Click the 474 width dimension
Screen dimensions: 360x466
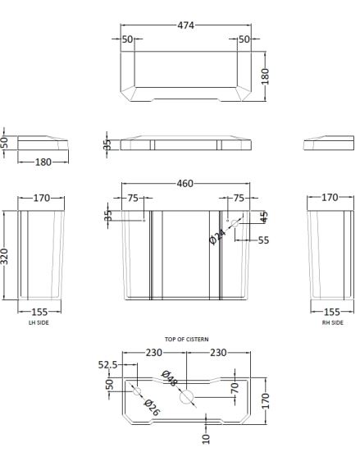185,25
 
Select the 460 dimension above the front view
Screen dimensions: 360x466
185,184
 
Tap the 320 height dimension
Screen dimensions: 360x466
5,256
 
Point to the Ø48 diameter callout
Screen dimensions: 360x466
169,378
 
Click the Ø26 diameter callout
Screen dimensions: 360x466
152,408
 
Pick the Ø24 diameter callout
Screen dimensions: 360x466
218,236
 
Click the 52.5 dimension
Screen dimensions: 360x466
107,364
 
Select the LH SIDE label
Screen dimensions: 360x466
39,322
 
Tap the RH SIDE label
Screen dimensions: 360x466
333,322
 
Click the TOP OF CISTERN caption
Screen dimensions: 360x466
187,339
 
